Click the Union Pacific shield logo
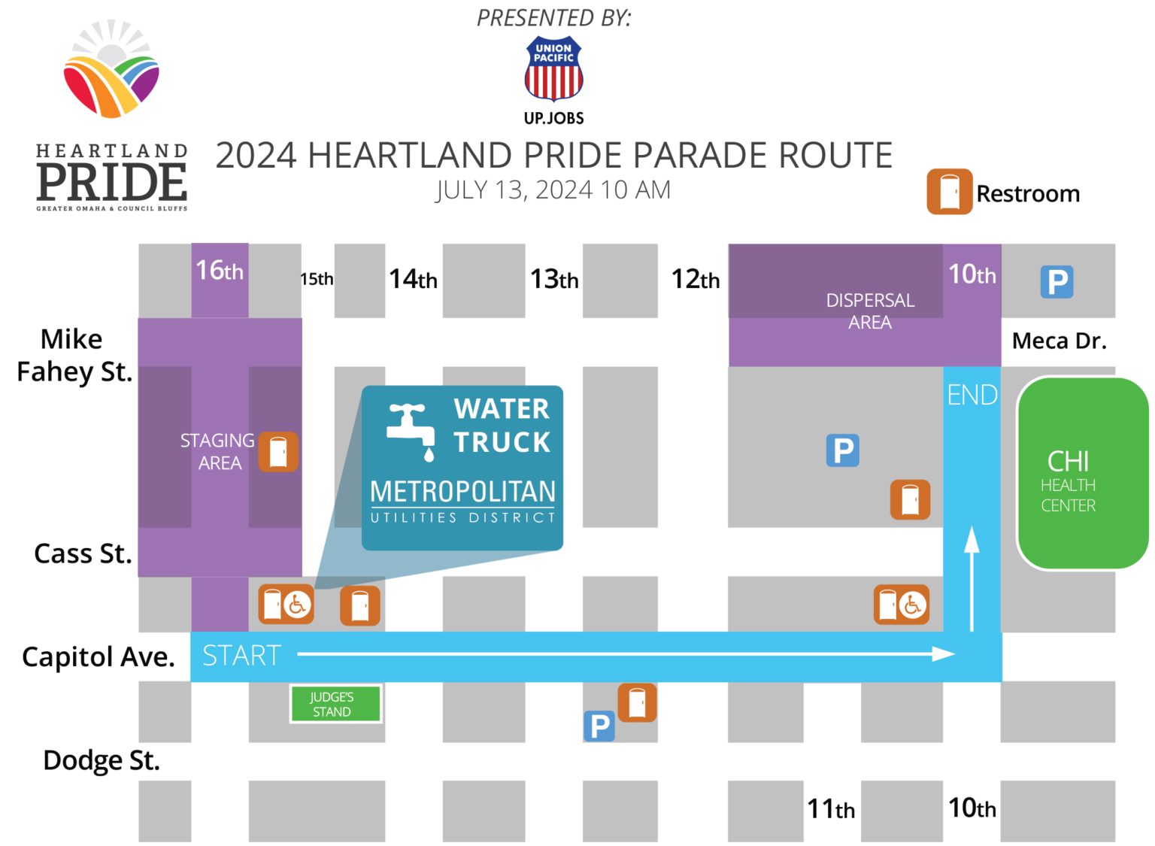click(x=553, y=68)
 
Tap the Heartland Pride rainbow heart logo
click(x=111, y=71)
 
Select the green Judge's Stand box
click(x=335, y=704)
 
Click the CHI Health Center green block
click(x=1083, y=473)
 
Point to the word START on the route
click(x=241, y=656)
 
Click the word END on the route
click(x=972, y=395)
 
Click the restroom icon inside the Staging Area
click(x=278, y=452)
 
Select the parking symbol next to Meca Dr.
click(x=1056, y=282)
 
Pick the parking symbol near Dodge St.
click(x=599, y=726)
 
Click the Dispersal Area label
click(x=870, y=311)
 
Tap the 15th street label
click(x=317, y=279)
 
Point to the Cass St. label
click(x=83, y=553)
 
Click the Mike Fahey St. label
click(x=74, y=355)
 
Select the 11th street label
click(x=831, y=809)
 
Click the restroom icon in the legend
click(x=949, y=192)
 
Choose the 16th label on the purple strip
click(x=220, y=270)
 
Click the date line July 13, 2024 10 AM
click(x=553, y=190)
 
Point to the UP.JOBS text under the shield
click(x=553, y=118)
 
